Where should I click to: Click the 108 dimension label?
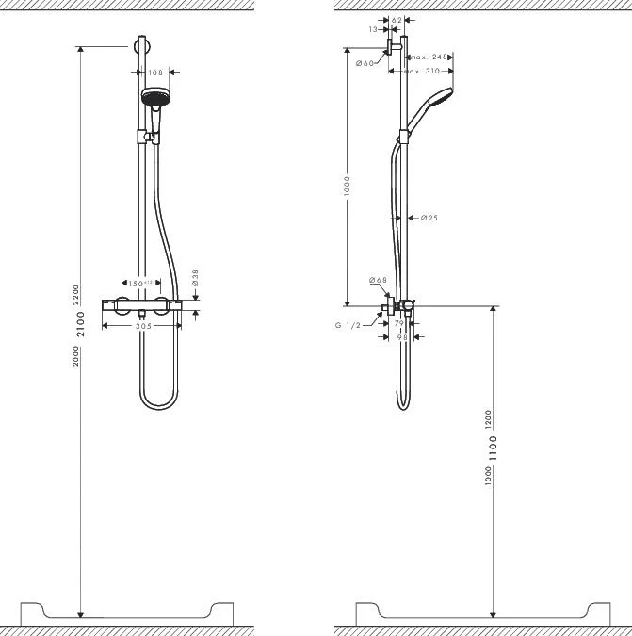(156, 73)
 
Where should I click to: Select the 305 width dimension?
(142, 325)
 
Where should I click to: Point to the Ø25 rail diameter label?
(429, 218)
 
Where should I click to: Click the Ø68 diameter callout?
(378, 280)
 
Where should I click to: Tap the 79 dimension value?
(398, 323)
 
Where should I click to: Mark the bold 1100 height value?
(493, 448)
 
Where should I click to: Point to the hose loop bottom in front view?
(160, 406)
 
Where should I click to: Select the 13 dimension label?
(374, 29)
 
